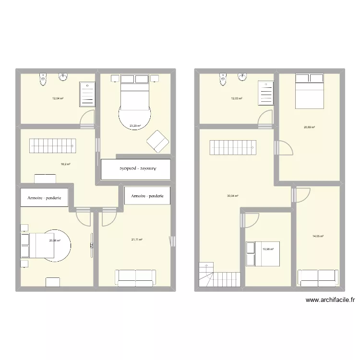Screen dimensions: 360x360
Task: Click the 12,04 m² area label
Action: click(x=58, y=98)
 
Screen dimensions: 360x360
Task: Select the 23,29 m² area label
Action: click(x=135, y=126)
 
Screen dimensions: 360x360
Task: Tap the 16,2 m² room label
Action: click(x=65, y=164)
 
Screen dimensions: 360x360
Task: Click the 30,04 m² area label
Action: click(x=233, y=196)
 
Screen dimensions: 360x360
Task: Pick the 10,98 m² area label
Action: click(x=267, y=249)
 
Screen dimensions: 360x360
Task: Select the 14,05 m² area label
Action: click(x=318, y=236)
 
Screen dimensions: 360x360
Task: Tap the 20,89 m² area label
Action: click(x=309, y=127)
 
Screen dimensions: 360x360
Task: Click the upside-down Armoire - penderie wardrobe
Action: click(x=136, y=169)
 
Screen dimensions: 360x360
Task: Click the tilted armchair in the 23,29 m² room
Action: click(x=157, y=141)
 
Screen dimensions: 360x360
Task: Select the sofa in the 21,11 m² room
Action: click(x=135, y=277)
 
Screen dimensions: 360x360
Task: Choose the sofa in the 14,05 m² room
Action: click(x=318, y=277)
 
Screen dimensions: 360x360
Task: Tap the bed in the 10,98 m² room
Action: click(x=263, y=254)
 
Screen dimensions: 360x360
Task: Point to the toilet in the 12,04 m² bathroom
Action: click(x=44, y=78)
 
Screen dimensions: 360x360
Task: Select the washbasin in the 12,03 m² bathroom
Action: click(x=244, y=77)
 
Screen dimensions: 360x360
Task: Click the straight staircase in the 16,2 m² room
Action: click(x=52, y=146)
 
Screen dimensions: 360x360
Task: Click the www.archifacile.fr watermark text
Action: click(x=329, y=301)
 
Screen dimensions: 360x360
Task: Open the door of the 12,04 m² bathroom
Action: click(x=86, y=119)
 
